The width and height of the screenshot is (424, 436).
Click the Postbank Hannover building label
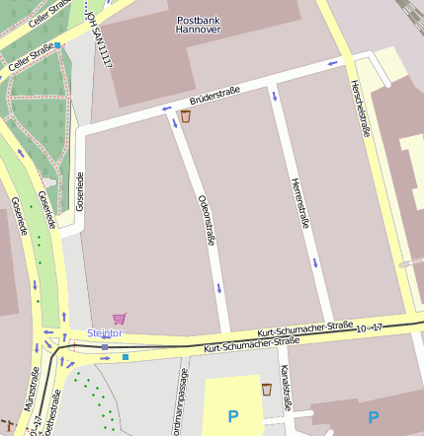tap(199, 25)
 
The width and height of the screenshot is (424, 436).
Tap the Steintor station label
tap(105, 333)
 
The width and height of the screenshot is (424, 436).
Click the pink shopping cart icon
tap(120, 319)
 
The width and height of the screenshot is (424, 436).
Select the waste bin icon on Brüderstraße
tap(185, 116)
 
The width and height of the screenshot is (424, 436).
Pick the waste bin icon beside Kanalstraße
tap(266, 390)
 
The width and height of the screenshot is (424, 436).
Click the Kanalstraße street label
tap(286, 388)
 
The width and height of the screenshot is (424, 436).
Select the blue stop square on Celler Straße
tap(57, 45)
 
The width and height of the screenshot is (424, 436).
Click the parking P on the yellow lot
tap(233, 416)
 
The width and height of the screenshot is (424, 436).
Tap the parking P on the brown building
tap(374, 416)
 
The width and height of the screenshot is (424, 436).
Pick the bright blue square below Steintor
tap(126, 356)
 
